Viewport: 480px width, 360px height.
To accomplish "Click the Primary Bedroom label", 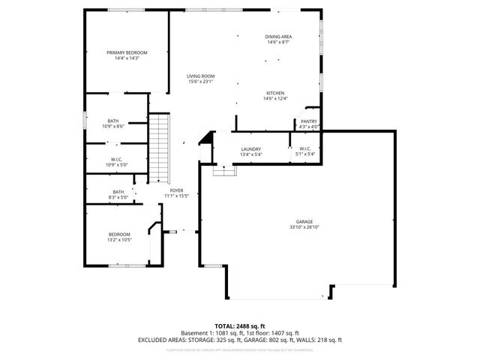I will (x=126, y=52).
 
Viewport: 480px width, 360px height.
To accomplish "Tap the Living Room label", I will (x=201, y=76).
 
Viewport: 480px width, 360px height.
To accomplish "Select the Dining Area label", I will (x=278, y=37).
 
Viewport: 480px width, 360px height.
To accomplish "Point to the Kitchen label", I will (x=274, y=93).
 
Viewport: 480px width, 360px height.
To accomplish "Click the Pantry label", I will (x=309, y=121).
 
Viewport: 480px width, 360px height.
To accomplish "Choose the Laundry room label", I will (x=250, y=149).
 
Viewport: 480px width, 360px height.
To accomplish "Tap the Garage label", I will (x=304, y=222).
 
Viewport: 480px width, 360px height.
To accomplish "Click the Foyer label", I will (x=176, y=190).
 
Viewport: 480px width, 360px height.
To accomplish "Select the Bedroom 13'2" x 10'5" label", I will (x=119, y=234).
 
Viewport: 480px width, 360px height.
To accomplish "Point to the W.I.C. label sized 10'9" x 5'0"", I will (x=116, y=159).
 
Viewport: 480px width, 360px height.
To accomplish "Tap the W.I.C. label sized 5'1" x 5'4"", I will (x=305, y=149).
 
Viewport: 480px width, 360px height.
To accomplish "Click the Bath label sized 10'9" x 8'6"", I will (x=112, y=121).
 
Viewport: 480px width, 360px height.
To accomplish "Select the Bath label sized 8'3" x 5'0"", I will (x=118, y=192).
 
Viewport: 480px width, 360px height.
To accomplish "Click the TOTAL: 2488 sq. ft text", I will (x=240, y=326).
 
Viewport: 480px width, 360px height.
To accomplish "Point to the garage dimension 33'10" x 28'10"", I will (x=304, y=227).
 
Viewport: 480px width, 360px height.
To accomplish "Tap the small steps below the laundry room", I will (x=224, y=172).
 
